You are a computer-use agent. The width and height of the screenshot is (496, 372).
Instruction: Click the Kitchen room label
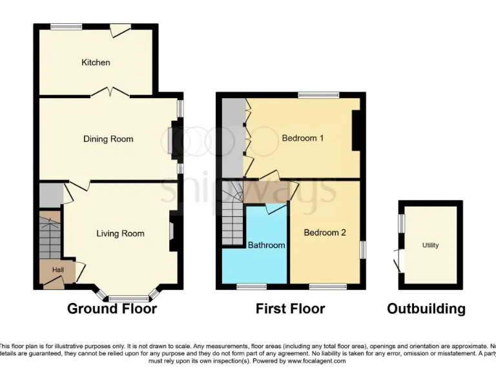(96, 63)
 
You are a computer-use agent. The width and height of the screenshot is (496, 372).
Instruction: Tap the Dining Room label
(108, 139)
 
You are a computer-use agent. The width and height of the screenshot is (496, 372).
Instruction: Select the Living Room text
(120, 233)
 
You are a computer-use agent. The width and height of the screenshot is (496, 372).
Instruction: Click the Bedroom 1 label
(302, 138)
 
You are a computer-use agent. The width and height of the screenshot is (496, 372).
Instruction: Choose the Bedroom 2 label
(325, 232)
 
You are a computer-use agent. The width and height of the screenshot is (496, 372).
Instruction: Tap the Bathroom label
(266, 245)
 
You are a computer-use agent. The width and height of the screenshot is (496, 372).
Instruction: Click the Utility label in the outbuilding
(430, 245)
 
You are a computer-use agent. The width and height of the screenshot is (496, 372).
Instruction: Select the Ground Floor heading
(112, 309)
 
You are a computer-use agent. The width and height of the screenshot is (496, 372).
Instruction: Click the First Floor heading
(290, 309)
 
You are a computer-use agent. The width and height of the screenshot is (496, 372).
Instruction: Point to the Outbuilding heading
(426, 309)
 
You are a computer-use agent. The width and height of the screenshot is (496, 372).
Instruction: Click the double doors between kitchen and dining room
(110, 93)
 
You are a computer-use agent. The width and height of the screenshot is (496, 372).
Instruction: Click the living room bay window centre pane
(127, 298)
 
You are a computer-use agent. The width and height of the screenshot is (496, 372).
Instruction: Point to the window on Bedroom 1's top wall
(318, 96)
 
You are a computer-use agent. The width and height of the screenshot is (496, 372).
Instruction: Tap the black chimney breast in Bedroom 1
(356, 132)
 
